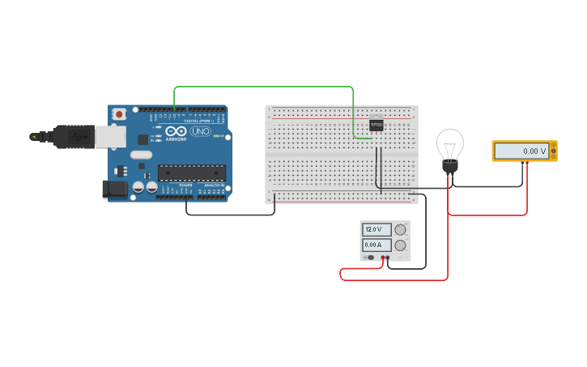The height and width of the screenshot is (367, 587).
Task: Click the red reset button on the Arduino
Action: (x=120, y=114)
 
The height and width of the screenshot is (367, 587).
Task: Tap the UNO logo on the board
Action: (x=199, y=131)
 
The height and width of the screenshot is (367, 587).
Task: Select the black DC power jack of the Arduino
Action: (x=114, y=189)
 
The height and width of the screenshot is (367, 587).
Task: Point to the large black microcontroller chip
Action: (x=192, y=171)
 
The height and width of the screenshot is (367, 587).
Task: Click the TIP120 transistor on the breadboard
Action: (x=376, y=125)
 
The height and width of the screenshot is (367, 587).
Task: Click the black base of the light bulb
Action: (x=449, y=166)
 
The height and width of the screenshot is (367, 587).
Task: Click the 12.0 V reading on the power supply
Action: (x=376, y=229)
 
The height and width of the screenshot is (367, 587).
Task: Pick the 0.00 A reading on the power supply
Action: (x=376, y=245)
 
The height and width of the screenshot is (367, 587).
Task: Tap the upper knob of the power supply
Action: (x=400, y=229)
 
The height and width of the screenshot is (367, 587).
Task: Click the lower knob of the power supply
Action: (x=400, y=245)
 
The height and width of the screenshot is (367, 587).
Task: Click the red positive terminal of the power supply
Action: (x=382, y=258)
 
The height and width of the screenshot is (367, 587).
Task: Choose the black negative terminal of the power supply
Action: (x=389, y=258)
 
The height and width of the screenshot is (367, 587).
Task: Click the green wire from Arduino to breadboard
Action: (x=264, y=87)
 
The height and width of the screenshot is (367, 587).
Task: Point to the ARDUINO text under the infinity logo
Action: (x=177, y=139)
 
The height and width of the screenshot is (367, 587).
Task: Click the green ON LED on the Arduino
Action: (x=217, y=135)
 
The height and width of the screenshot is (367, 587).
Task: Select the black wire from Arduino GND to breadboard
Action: (x=231, y=215)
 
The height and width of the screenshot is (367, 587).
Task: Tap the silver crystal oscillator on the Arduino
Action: (x=140, y=155)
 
